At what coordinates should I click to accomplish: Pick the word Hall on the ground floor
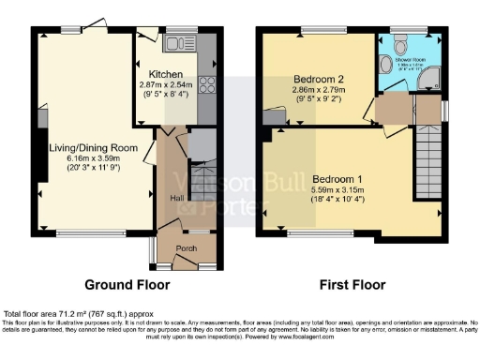pyautogui.click(x=175, y=198)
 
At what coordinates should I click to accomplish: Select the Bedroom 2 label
pyautogui.click(x=318, y=78)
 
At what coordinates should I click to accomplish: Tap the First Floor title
pyautogui.click(x=351, y=284)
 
